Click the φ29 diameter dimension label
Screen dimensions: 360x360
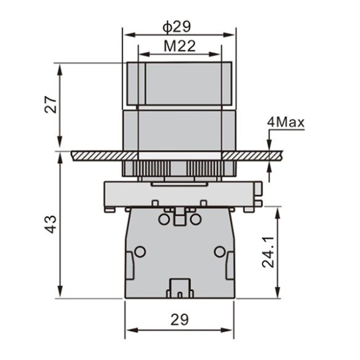[x=179, y=26]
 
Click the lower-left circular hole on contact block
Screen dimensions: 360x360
[x=140, y=251]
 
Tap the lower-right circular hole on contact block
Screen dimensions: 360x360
[x=219, y=251]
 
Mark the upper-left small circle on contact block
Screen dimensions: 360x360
[x=164, y=219]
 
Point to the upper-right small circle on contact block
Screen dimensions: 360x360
[x=195, y=219]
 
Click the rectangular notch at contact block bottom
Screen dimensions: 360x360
[x=180, y=287]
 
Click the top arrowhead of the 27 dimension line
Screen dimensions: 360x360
[x=60, y=66]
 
